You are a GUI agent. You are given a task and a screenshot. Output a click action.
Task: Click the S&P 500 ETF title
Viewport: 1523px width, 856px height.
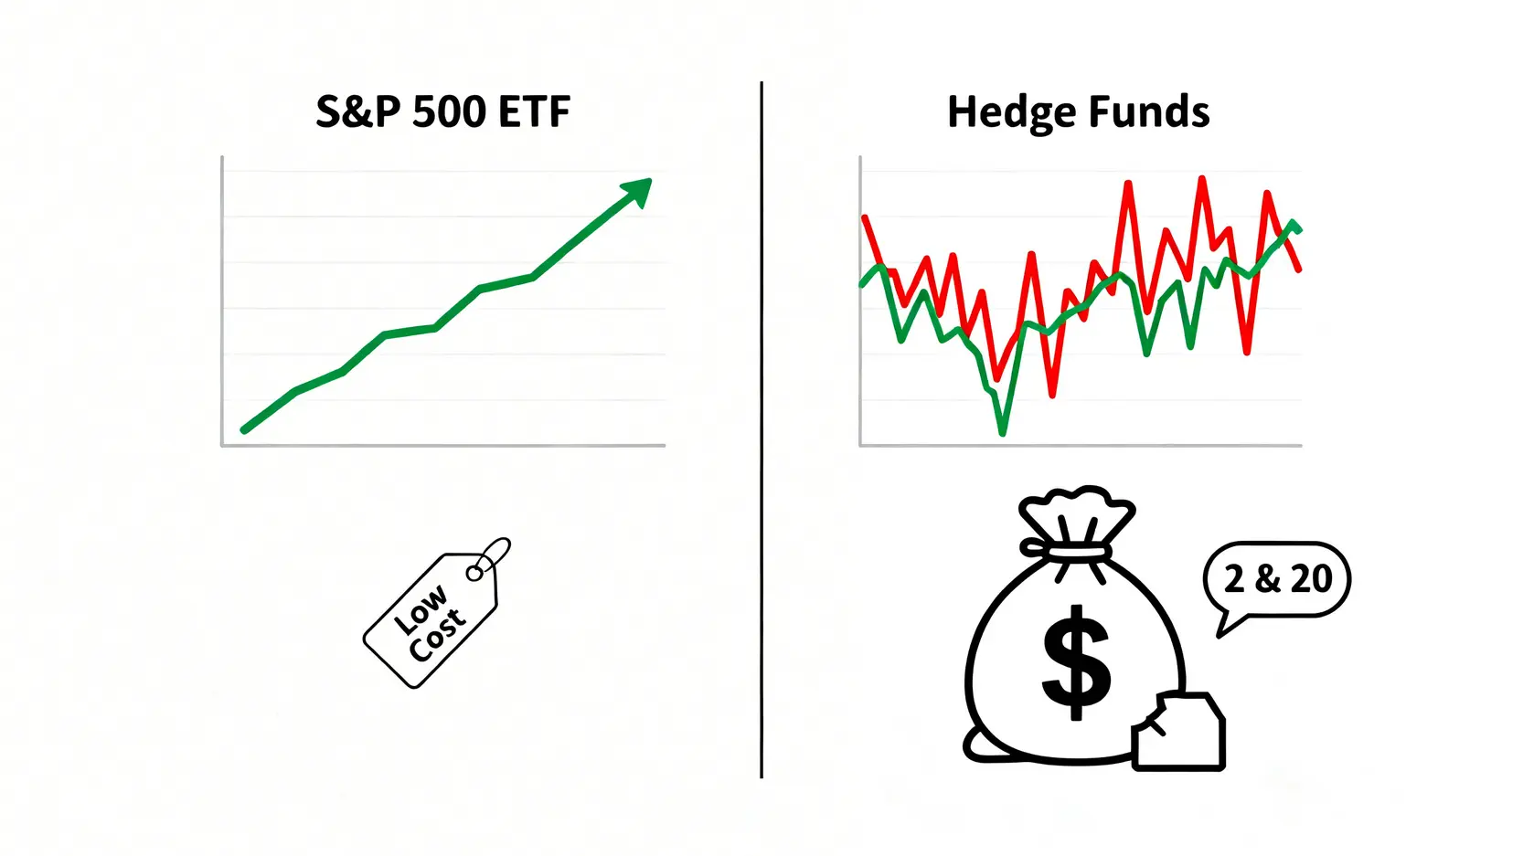pos(442,112)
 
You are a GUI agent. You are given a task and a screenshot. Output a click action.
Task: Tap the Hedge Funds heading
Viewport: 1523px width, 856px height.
pos(1078,112)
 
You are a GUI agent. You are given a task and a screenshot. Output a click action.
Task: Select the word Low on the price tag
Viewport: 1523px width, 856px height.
pos(421,610)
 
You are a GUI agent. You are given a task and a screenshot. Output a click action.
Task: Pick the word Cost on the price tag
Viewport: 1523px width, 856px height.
pos(437,634)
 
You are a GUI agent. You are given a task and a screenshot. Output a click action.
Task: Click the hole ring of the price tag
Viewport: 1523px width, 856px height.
pos(474,573)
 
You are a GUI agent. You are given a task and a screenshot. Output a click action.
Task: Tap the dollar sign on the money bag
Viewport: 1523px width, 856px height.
pos(1077,661)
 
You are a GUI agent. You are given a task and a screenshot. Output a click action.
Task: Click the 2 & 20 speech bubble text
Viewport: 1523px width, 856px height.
pos(1278,579)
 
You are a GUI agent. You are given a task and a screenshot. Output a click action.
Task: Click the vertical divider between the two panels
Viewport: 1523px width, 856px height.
pos(761,429)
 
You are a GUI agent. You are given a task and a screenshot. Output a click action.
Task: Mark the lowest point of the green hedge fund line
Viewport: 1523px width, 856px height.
pos(1003,432)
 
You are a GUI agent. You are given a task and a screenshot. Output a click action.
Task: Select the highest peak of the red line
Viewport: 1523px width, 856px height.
pos(1202,179)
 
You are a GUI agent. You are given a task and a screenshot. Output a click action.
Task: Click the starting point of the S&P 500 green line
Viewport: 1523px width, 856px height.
pos(244,429)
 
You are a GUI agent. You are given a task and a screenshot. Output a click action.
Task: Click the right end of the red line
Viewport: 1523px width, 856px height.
pos(1299,269)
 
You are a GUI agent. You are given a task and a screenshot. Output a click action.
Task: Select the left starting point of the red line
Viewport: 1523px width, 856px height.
pos(865,217)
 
